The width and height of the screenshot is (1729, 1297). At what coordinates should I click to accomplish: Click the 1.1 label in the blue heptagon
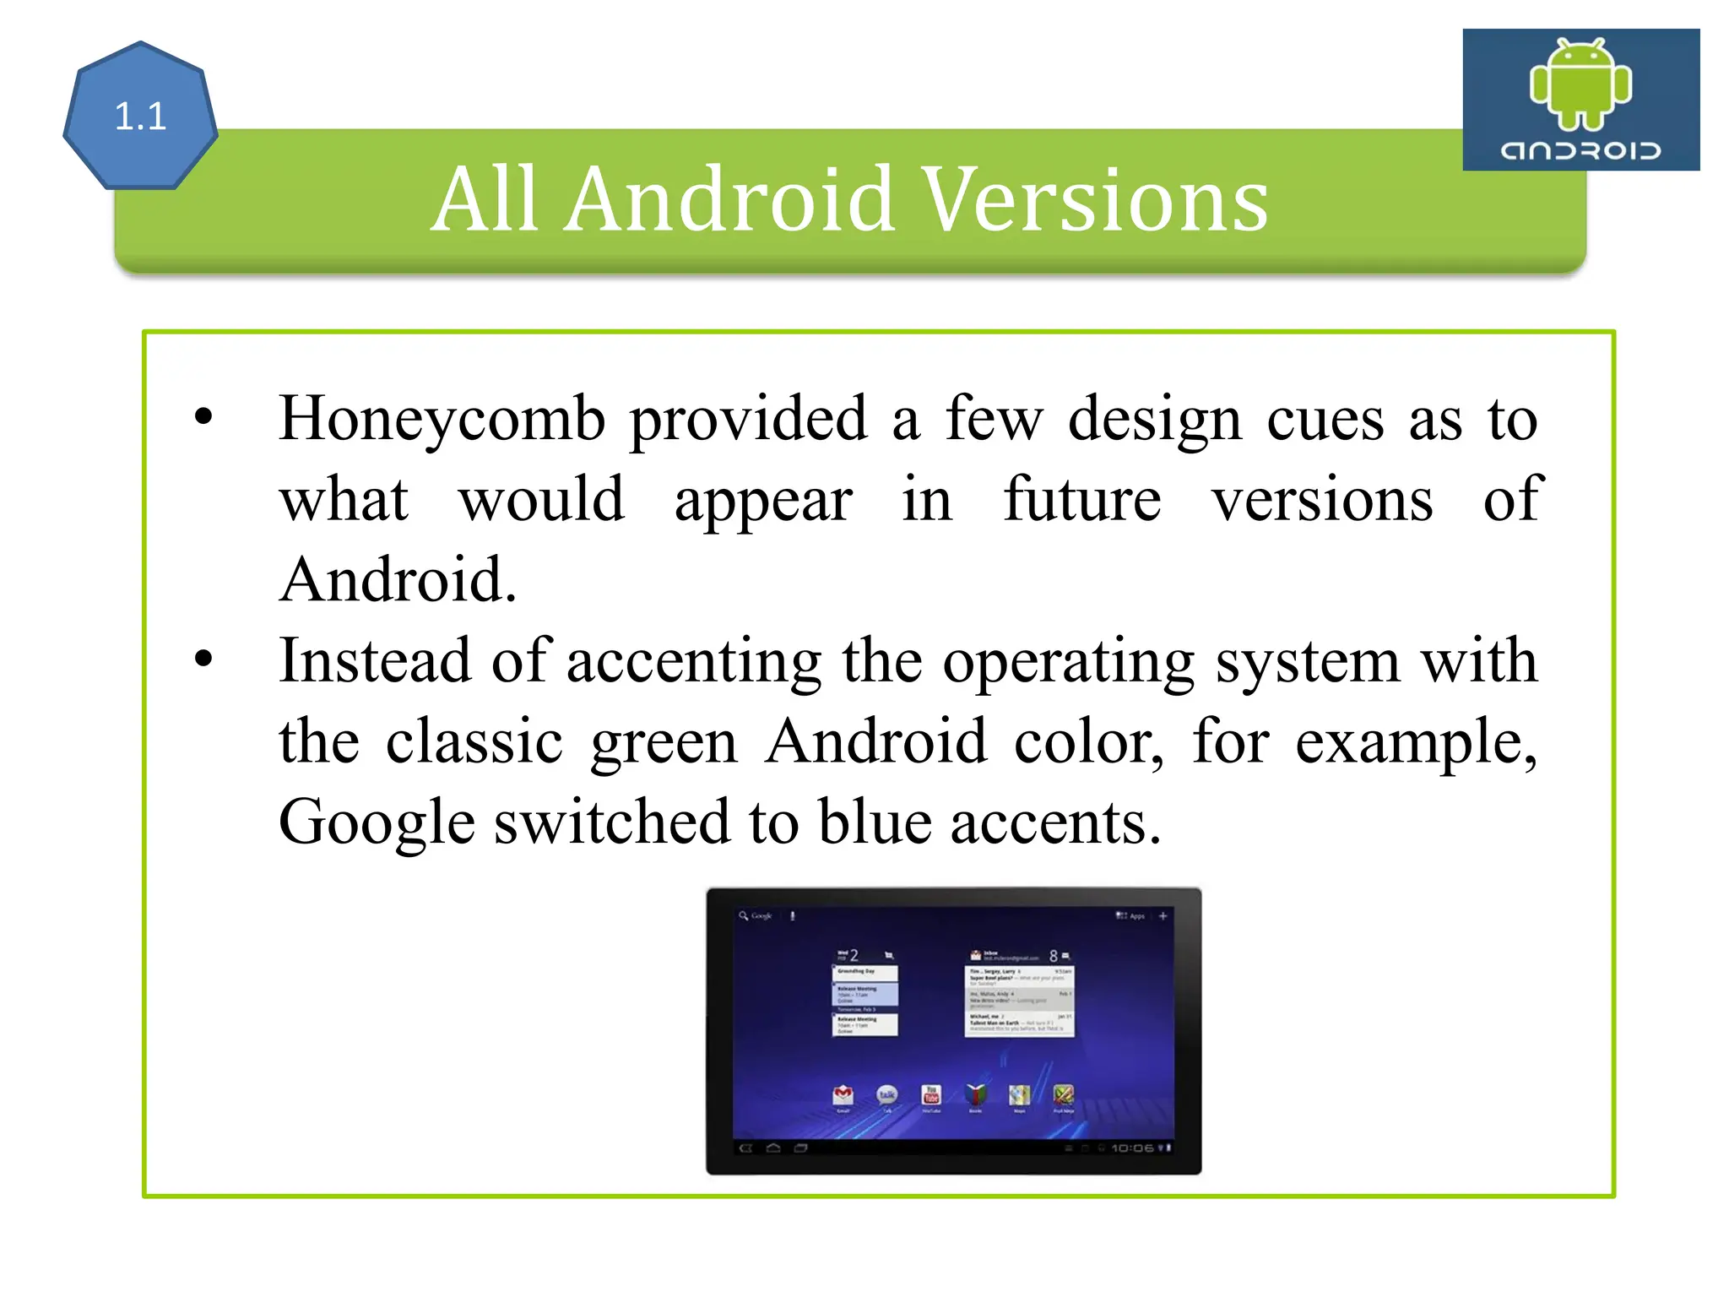coord(140,117)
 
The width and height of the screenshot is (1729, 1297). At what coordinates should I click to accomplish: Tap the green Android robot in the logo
coord(1580,84)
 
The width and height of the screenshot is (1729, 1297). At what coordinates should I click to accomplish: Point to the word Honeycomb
coord(442,420)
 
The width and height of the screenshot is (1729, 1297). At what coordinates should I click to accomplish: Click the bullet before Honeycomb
coord(203,416)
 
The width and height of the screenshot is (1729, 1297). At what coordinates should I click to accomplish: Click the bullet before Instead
coord(203,659)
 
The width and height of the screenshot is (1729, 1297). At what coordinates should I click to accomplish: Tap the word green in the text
coord(664,742)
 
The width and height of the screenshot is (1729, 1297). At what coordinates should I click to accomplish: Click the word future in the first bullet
coord(1082,499)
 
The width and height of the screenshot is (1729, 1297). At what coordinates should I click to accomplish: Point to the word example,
coord(1416,742)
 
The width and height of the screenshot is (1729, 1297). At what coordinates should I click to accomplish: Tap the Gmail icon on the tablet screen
coord(843,1095)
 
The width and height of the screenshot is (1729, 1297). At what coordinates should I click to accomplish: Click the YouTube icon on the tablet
coord(931,1095)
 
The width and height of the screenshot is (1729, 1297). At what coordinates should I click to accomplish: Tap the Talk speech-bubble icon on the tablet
coord(886,1095)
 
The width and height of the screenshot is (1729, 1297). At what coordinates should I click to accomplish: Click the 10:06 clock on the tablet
coord(1132,1148)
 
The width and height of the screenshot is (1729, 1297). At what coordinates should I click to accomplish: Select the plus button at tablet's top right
coord(1163,916)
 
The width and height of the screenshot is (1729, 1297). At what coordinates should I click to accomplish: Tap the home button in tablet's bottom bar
coord(773,1148)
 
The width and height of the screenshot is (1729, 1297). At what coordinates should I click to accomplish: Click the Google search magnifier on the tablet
coord(744,916)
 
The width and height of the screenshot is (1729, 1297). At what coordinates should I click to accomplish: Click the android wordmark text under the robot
coord(1580,151)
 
